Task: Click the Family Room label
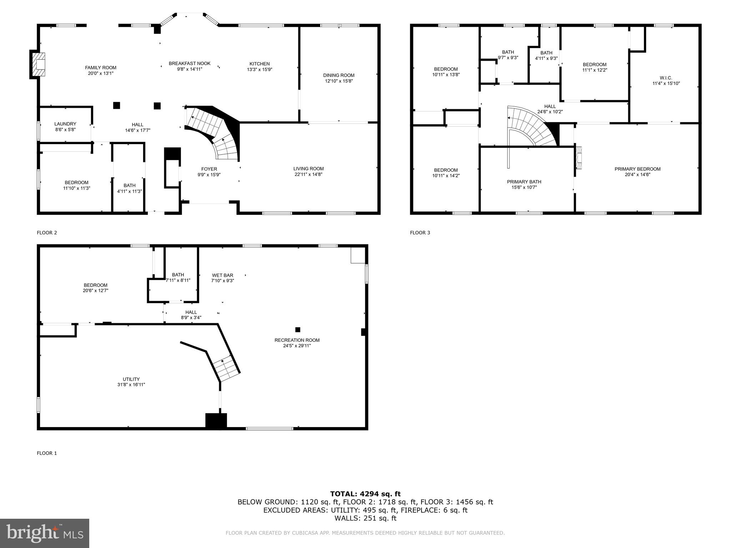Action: point(101,67)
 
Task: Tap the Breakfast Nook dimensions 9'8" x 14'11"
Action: point(190,69)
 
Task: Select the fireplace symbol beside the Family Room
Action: point(38,65)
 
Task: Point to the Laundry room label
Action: point(65,124)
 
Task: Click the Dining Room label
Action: point(339,75)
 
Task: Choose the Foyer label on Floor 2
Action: point(209,169)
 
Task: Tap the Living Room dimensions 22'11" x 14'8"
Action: point(308,174)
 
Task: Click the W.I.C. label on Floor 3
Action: point(666,78)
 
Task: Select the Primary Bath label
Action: point(524,182)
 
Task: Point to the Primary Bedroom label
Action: point(637,169)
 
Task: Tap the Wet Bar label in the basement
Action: point(222,275)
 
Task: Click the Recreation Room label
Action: point(297,340)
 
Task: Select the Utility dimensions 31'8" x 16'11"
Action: point(131,385)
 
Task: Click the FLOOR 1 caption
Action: point(47,453)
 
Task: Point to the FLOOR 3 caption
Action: point(420,233)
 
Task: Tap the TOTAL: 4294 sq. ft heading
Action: point(365,494)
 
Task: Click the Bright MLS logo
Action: point(45,533)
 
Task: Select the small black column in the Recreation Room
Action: point(298,330)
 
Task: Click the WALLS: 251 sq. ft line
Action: point(365,518)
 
